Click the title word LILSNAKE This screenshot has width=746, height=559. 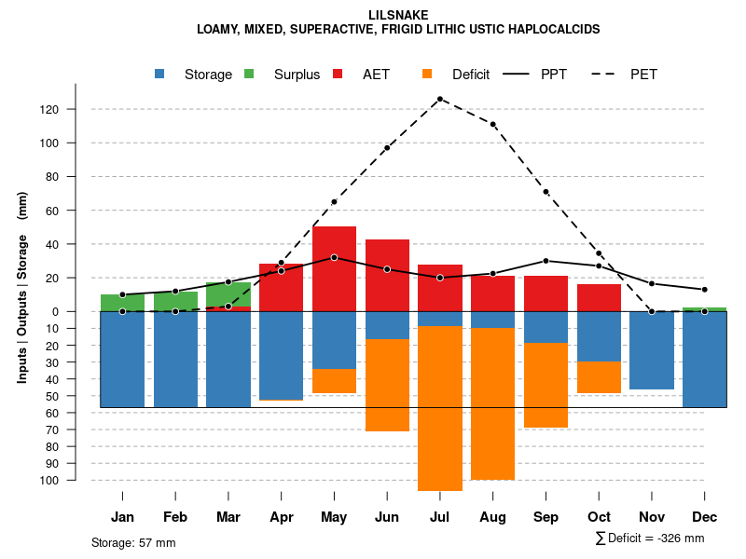point(398,15)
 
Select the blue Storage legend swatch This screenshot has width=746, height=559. point(160,75)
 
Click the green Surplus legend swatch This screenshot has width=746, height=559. point(249,75)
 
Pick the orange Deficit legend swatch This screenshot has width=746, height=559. point(427,75)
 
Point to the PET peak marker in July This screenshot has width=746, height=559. point(439,99)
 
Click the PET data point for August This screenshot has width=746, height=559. point(492,124)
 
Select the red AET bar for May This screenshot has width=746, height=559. point(334,268)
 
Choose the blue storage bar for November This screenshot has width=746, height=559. point(652,350)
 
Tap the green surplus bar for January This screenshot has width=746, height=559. point(122,303)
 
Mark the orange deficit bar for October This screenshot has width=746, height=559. point(599,377)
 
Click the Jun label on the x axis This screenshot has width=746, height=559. point(387,517)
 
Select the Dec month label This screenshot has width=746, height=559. point(705,517)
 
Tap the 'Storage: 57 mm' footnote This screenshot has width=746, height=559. point(133,542)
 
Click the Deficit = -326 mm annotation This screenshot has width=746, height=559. point(650,539)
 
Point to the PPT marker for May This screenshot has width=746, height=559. point(334,257)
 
